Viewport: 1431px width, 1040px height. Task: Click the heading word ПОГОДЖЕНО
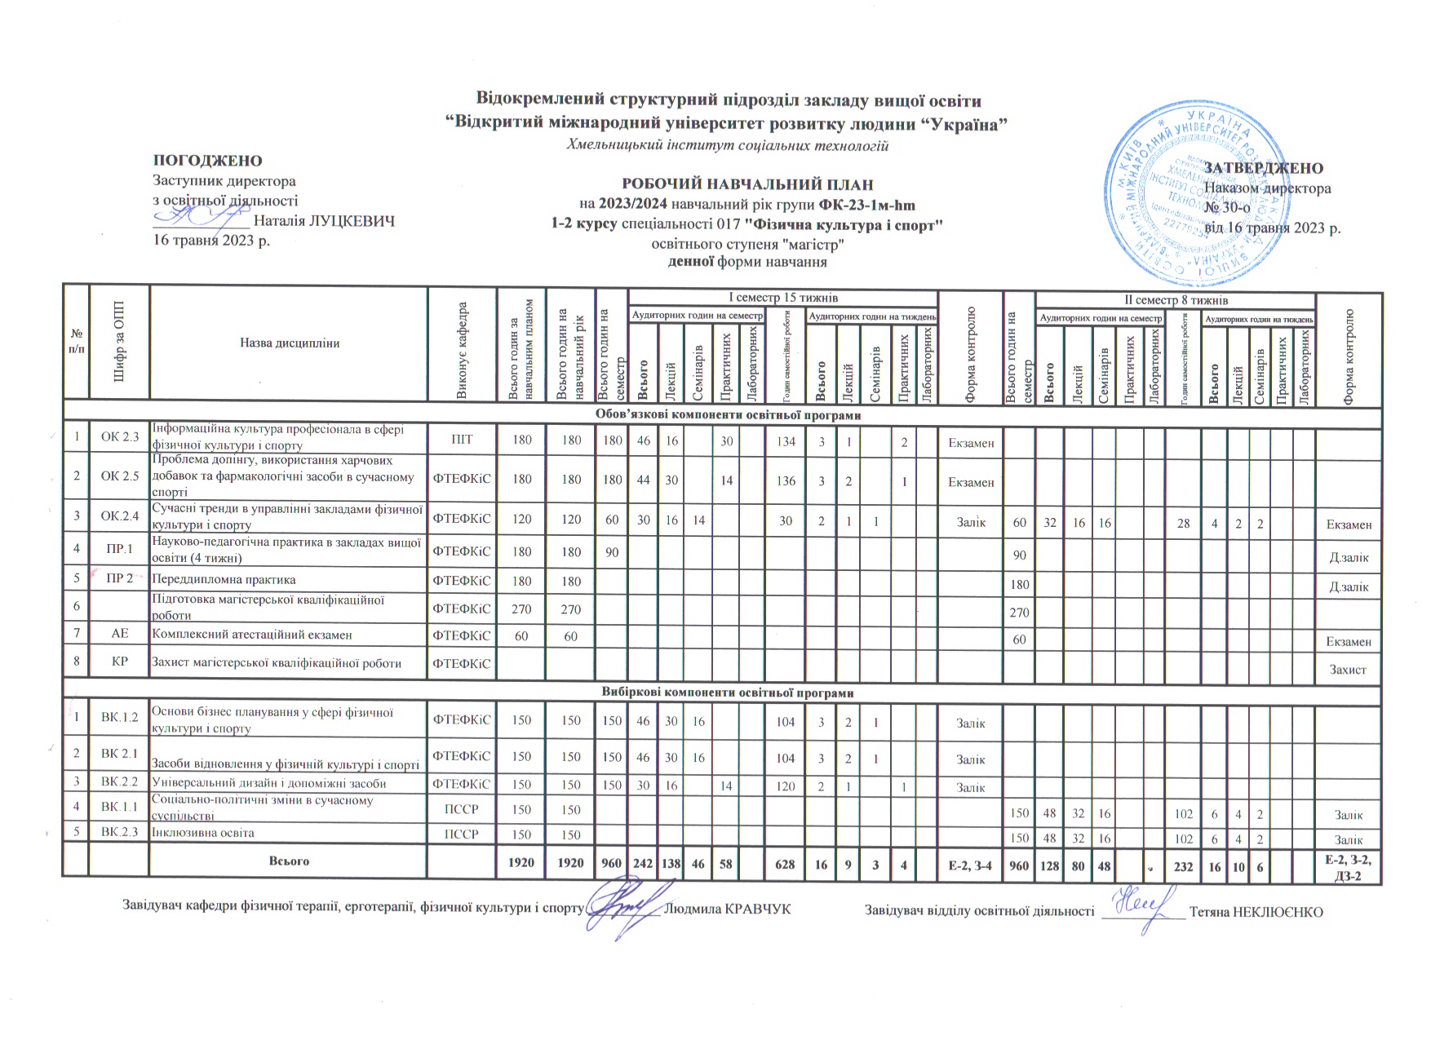coord(207,161)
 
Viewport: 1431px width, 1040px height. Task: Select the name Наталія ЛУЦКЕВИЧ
coord(325,221)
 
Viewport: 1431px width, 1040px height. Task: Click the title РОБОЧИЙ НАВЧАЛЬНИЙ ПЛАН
coord(748,184)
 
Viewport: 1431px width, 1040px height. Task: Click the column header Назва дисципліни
coord(289,343)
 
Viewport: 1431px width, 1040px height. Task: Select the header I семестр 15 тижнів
coord(782,299)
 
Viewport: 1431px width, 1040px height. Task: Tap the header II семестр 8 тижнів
coord(1175,300)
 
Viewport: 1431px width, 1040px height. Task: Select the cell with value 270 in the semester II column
coord(1019,612)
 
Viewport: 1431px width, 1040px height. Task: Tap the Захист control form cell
coord(1348,670)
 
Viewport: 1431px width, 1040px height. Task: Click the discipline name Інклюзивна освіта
coord(203,834)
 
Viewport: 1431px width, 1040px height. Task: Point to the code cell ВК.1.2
coord(120,719)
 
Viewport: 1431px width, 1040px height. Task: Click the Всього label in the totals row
coord(289,861)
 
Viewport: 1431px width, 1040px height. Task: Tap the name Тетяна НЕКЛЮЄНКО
coord(1256,911)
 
